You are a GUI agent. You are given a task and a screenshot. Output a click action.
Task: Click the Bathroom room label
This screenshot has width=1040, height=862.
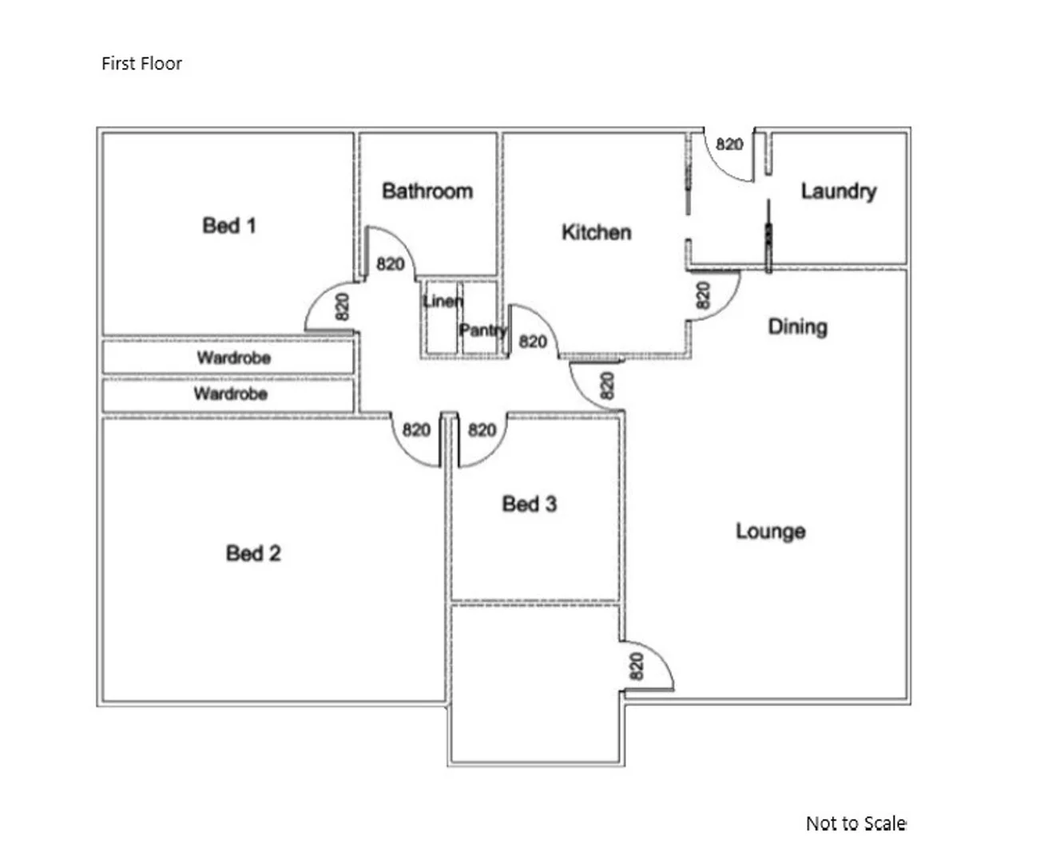tap(427, 191)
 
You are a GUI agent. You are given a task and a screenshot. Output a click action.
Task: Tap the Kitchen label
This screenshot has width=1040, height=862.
tap(596, 232)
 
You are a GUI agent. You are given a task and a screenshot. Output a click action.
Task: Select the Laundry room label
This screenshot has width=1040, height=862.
tap(838, 191)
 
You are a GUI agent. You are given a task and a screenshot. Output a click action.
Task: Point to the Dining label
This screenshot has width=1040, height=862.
tap(797, 326)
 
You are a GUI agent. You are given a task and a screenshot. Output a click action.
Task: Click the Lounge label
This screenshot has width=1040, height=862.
tap(770, 532)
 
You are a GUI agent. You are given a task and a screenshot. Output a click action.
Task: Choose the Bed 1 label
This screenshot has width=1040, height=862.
tap(229, 226)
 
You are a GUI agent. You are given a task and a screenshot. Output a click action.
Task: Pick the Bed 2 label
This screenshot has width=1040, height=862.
tap(253, 553)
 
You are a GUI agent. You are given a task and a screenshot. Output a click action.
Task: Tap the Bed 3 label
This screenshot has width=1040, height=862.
tap(529, 504)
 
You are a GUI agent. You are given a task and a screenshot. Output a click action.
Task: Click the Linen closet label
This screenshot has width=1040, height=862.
tap(442, 301)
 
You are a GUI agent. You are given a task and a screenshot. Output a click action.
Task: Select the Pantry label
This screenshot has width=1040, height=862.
tap(482, 330)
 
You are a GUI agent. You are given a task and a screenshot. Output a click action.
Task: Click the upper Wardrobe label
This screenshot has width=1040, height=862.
tap(233, 358)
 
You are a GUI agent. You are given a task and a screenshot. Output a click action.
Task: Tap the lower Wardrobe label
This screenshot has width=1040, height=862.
tap(230, 393)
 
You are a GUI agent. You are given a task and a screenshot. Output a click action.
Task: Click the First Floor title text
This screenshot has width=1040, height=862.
tap(141, 64)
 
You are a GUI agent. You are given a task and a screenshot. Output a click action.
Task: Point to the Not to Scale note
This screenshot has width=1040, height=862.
tap(855, 823)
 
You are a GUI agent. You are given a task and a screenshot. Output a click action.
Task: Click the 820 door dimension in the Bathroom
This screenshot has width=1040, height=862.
tap(390, 263)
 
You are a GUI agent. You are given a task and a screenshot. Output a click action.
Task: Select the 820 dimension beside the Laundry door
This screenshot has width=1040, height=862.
tap(729, 144)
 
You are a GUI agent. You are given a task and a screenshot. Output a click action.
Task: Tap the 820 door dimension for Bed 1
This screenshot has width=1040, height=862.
tap(342, 306)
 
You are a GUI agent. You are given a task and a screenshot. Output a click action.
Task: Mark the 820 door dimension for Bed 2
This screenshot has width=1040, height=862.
tap(416, 430)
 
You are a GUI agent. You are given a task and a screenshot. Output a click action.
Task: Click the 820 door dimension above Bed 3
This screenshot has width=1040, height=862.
tap(482, 430)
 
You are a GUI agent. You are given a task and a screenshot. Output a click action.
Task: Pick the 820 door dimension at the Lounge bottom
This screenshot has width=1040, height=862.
tap(637, 666)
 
